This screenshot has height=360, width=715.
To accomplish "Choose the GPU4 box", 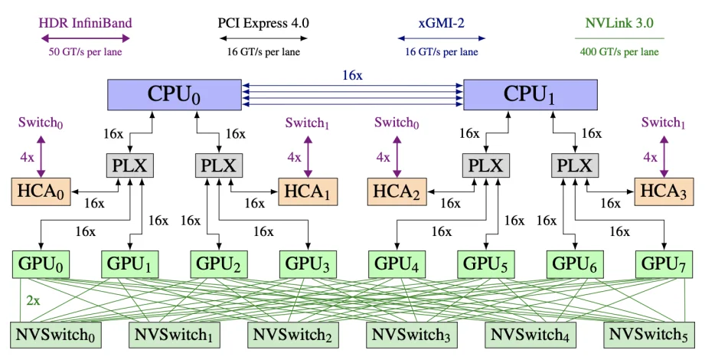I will [397, 264].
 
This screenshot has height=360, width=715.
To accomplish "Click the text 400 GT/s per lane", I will [620, 52].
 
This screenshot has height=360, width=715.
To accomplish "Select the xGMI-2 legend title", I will [441, 23].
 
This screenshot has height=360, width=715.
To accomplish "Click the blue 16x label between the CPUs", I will [352, 75].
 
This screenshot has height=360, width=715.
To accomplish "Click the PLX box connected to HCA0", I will [130, 165].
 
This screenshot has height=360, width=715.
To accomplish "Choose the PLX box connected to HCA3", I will [575, 165].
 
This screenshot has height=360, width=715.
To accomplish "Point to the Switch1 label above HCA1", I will [307, 123].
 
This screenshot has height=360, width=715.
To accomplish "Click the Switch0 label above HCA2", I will [397, 123].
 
